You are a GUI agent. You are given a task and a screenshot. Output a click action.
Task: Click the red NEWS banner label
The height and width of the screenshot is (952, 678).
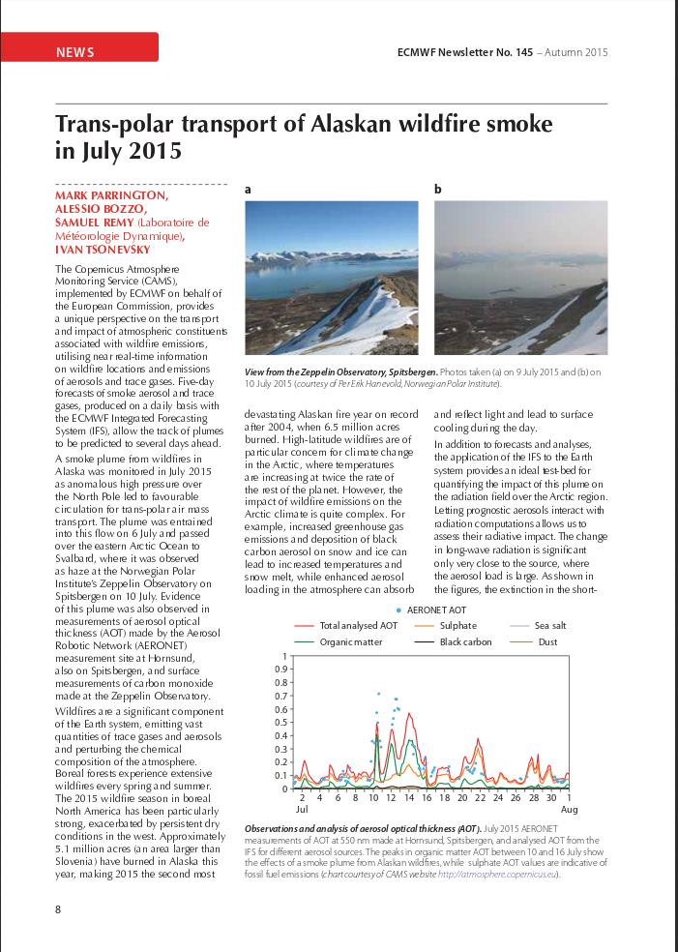click(75, 51)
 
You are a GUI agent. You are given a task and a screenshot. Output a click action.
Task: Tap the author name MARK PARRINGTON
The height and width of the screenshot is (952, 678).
click(111, 194)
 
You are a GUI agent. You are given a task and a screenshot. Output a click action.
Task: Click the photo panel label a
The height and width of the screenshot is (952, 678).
click(248, 190)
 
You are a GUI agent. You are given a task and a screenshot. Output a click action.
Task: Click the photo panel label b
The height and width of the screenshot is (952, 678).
click(437, 190)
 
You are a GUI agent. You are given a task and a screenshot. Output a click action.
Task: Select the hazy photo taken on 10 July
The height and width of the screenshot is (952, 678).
click(520, 278)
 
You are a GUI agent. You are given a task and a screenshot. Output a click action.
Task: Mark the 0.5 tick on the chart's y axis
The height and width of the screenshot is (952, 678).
click(282, 722)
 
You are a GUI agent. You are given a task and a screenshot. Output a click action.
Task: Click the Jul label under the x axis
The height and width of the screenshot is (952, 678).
click(301, 808)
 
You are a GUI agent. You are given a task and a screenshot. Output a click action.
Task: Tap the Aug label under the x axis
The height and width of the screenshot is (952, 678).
click(570, 808)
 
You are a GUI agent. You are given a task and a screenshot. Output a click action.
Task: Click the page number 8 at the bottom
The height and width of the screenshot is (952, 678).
click(58, 908)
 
